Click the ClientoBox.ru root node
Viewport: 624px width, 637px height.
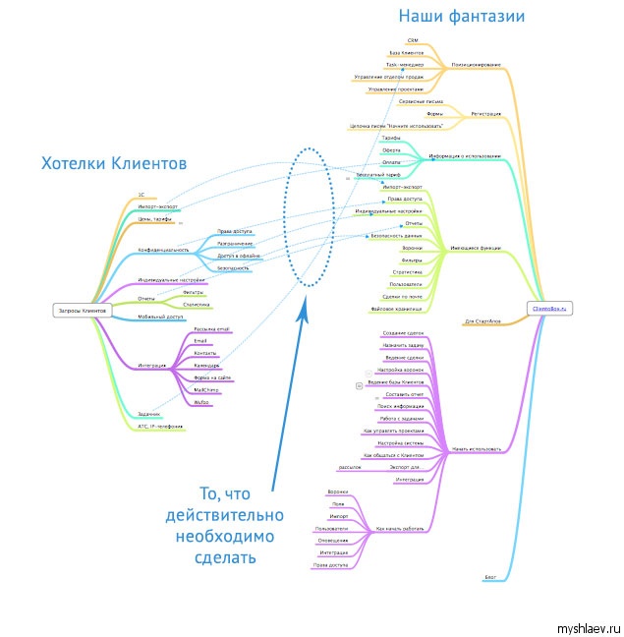[x=551, y=309]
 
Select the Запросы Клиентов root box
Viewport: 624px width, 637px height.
[x=83, y=311]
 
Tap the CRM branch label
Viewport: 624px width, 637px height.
[x=413, y=41]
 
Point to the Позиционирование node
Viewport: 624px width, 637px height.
[x=476, y=65]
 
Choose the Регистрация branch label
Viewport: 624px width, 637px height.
[x=485, y=114]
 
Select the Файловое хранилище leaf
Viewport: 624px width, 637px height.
[x=397, y=308]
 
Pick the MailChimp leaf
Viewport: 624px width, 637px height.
[x=206, y=390]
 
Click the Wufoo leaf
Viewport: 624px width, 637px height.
[x=201, y=403]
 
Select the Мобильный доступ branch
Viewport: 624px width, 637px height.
[x=160, y=317]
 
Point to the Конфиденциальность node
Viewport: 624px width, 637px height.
[x=163, y=251]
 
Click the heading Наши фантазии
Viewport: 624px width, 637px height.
[x=461, y=16]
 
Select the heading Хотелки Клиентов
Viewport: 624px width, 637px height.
[x=114, y=163]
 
